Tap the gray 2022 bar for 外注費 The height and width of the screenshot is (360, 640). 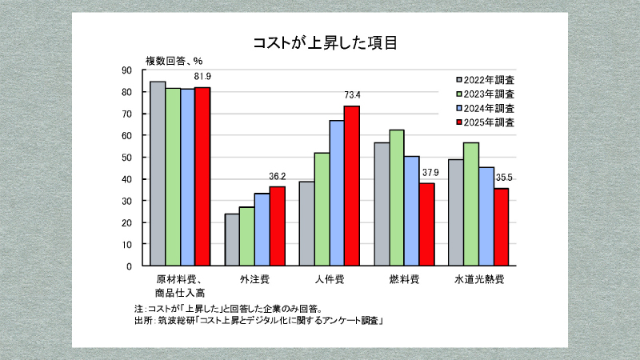click(x=232, y=239)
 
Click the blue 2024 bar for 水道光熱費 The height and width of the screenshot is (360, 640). click(x=486, y=216)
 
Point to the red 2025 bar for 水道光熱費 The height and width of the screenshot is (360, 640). click(x=501, y=226)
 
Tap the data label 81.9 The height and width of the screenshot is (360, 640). click(x=202, y=78)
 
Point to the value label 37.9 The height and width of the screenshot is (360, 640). click(x=428, y=173)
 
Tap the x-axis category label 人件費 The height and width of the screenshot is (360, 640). click(x=330, y=280)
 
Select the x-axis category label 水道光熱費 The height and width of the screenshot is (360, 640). click(x=478, y=280)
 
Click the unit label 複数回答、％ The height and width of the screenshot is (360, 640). click(x=174, y=60)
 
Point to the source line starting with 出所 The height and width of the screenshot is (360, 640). click(x=261, y=321)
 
